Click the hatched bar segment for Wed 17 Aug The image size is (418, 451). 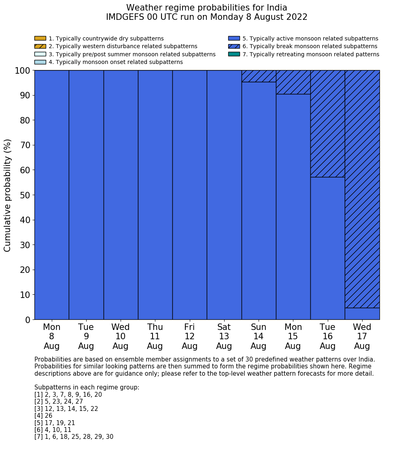[x=362, y=189]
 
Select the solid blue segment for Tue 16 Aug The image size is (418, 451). [x=327, y=248]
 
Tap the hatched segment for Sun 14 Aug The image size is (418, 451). [x=259, y=76]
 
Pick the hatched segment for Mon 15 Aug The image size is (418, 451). [x=293, y=82]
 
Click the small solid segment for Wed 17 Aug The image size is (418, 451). [x=362, y=314]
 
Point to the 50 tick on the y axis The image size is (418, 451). [x=25, y=195]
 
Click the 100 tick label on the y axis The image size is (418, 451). [x=22, y=71]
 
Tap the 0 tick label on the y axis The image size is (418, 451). [x=28, y=320]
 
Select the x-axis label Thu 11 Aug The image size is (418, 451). [x=155, y=336]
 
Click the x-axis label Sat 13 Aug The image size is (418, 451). [x=224, y=336]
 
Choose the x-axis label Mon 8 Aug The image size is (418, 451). [x=51, y=336]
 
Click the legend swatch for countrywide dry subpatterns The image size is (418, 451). [x=40, y=38]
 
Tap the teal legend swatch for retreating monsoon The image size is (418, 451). [x=234, y=54]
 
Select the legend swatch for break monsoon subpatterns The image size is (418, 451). [x=234, y=47]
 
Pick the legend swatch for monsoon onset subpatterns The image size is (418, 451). [x=40, y=62]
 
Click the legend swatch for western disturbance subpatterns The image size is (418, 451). [x=40, y=47]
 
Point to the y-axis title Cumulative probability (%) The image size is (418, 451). [x=8, y=195]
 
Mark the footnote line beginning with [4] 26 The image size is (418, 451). [x=43, y=416]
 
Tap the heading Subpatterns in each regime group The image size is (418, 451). [x=87, y=387]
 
